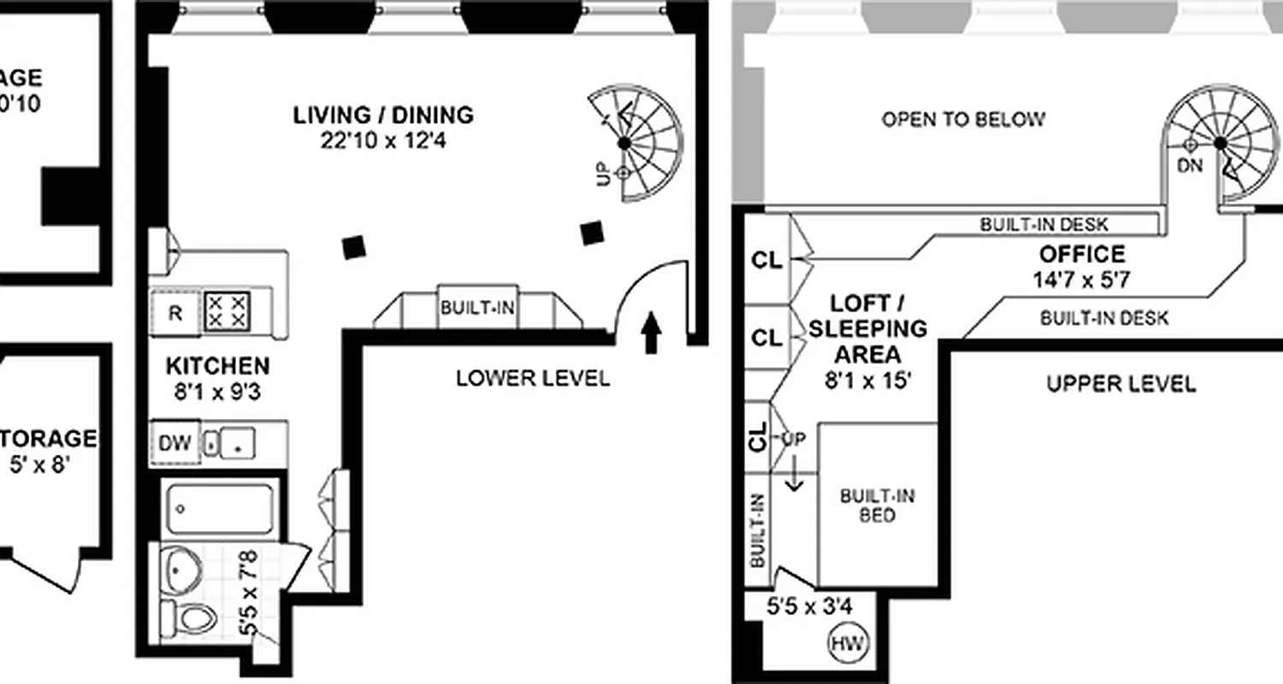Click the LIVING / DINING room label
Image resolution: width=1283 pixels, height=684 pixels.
(x=383, y=115)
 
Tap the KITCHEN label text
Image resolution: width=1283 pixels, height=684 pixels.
(x=217, y=367)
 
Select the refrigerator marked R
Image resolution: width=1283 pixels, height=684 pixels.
(x=175, y=313)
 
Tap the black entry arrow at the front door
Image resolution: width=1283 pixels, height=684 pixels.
(x=651, y=333)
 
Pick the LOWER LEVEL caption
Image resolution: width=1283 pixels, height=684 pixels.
(x=533, y=378)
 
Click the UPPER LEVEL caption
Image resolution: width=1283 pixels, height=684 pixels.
(x=1120, y=384)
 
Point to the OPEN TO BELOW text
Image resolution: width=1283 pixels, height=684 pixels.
(x=963, y=120)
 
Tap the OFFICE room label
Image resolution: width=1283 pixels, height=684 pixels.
(x=1082, y=255)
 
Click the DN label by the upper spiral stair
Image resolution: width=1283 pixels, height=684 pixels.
(x=1190, y=167)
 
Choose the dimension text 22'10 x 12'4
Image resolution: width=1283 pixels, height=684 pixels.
(x=383, y=140)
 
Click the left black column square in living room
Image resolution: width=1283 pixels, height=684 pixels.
(x=354, y=247)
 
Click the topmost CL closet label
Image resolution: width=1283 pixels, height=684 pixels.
(x=766, y=261)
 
